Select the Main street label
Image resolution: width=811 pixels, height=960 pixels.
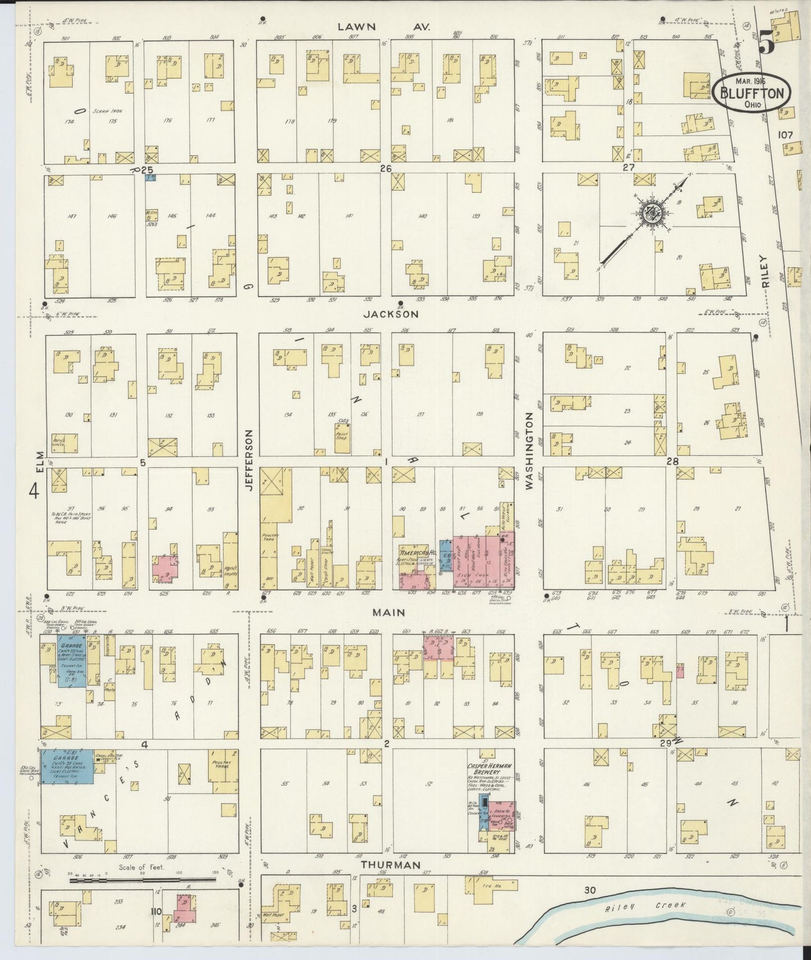[388, 613]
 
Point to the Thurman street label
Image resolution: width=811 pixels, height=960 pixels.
[391, 881]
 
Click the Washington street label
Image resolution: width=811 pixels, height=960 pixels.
[529, 451]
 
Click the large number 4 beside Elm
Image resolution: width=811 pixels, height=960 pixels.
[34, 492]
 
